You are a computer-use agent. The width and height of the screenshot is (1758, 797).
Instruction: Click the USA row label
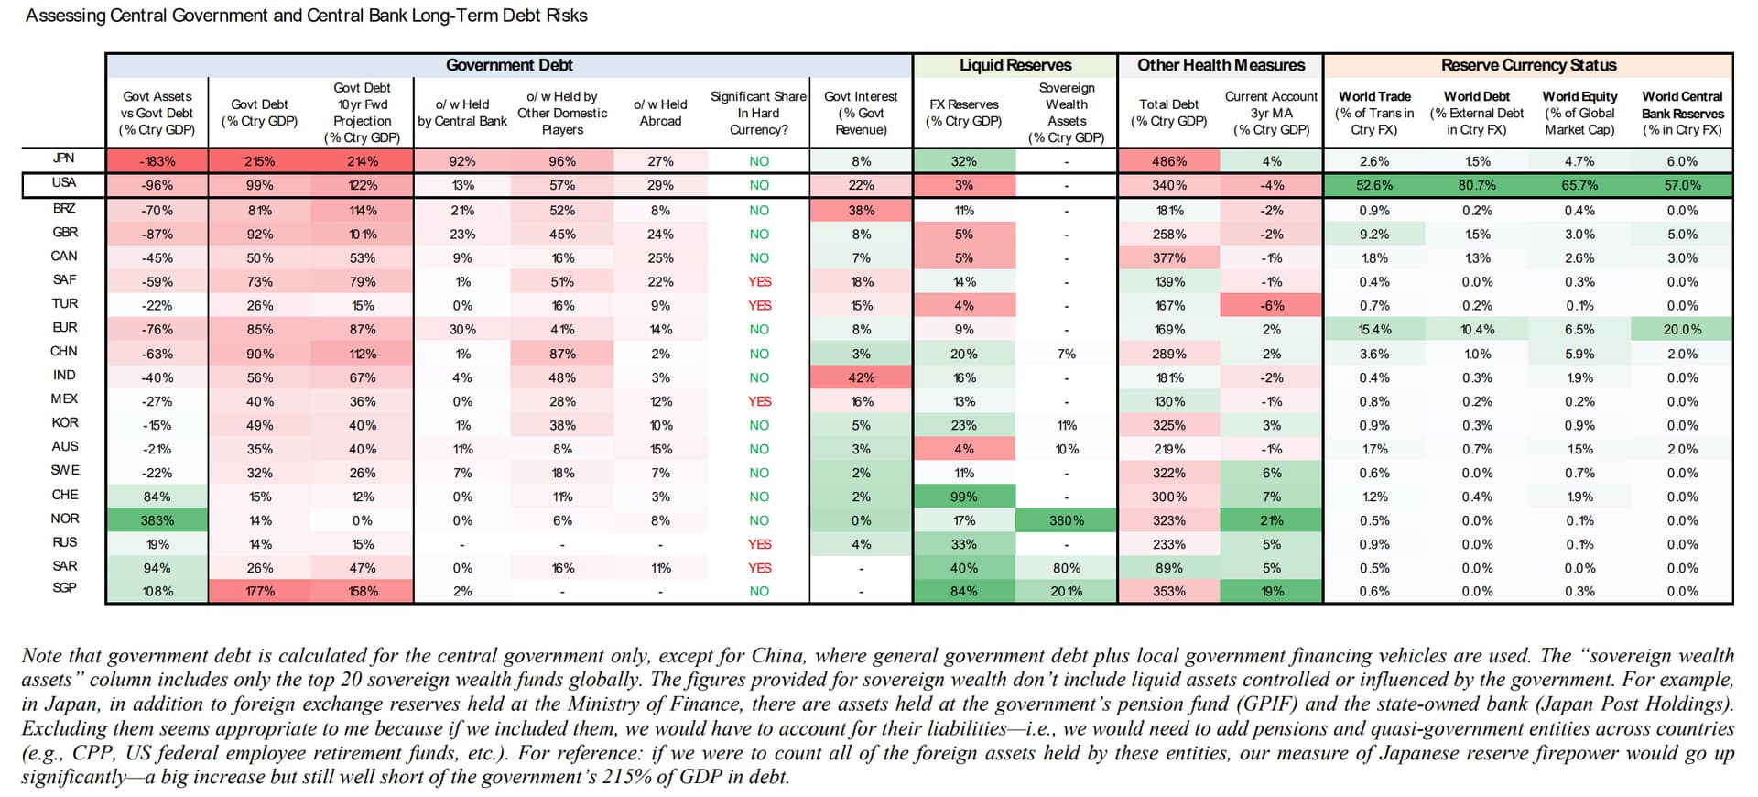pyautogui.click(x=64, y=183)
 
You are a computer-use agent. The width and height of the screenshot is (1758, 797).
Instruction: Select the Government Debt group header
pyautogui.click(x=509, y=65)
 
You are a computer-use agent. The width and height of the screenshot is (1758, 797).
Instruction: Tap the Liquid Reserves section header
pyautogui.click(x=1015, y=65)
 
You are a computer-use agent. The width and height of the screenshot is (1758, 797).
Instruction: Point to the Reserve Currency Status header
pyautogui.click(x=1528, y=65)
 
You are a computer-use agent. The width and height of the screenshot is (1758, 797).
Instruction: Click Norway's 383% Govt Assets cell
pyautogui.click(x=157, y=520)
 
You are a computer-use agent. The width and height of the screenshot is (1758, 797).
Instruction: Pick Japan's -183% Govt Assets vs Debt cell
pyautogui.click(x=157, y=161)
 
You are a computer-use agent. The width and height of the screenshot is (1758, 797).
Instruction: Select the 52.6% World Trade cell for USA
pyautogui.click(x=1374, y=185)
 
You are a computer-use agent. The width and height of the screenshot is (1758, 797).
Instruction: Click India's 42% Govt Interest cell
pyautogui.click(x=861, y=377)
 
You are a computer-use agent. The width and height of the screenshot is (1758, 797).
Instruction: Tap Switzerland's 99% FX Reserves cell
pyautogui.click(x=963, y=497)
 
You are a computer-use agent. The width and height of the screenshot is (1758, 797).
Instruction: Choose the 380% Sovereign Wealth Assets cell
pyautogui.click(x=1067, y=520)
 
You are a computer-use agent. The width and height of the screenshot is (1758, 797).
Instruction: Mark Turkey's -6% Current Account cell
pyautogui.click(x=1272, y=306)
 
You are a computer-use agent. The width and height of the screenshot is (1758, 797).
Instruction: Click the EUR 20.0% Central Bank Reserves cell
pyautogui.click(x=1682, y=330)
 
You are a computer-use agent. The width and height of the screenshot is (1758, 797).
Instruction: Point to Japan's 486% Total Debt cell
pyautogui.click(x=1169, y=161)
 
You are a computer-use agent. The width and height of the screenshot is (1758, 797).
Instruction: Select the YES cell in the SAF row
pyautogui.click(x=759, y=282)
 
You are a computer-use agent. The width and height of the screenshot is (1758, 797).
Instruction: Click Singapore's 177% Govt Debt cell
pyautogui.click(x=260, y=591)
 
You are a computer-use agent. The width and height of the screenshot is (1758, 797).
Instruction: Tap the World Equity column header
pyautogui.click(x=1579, y=113)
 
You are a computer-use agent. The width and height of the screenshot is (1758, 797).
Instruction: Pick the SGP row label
pyautogui.click(x=64, y=587)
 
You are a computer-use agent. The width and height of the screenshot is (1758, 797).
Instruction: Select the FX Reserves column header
pyautogui.click(x=963, y=113)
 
